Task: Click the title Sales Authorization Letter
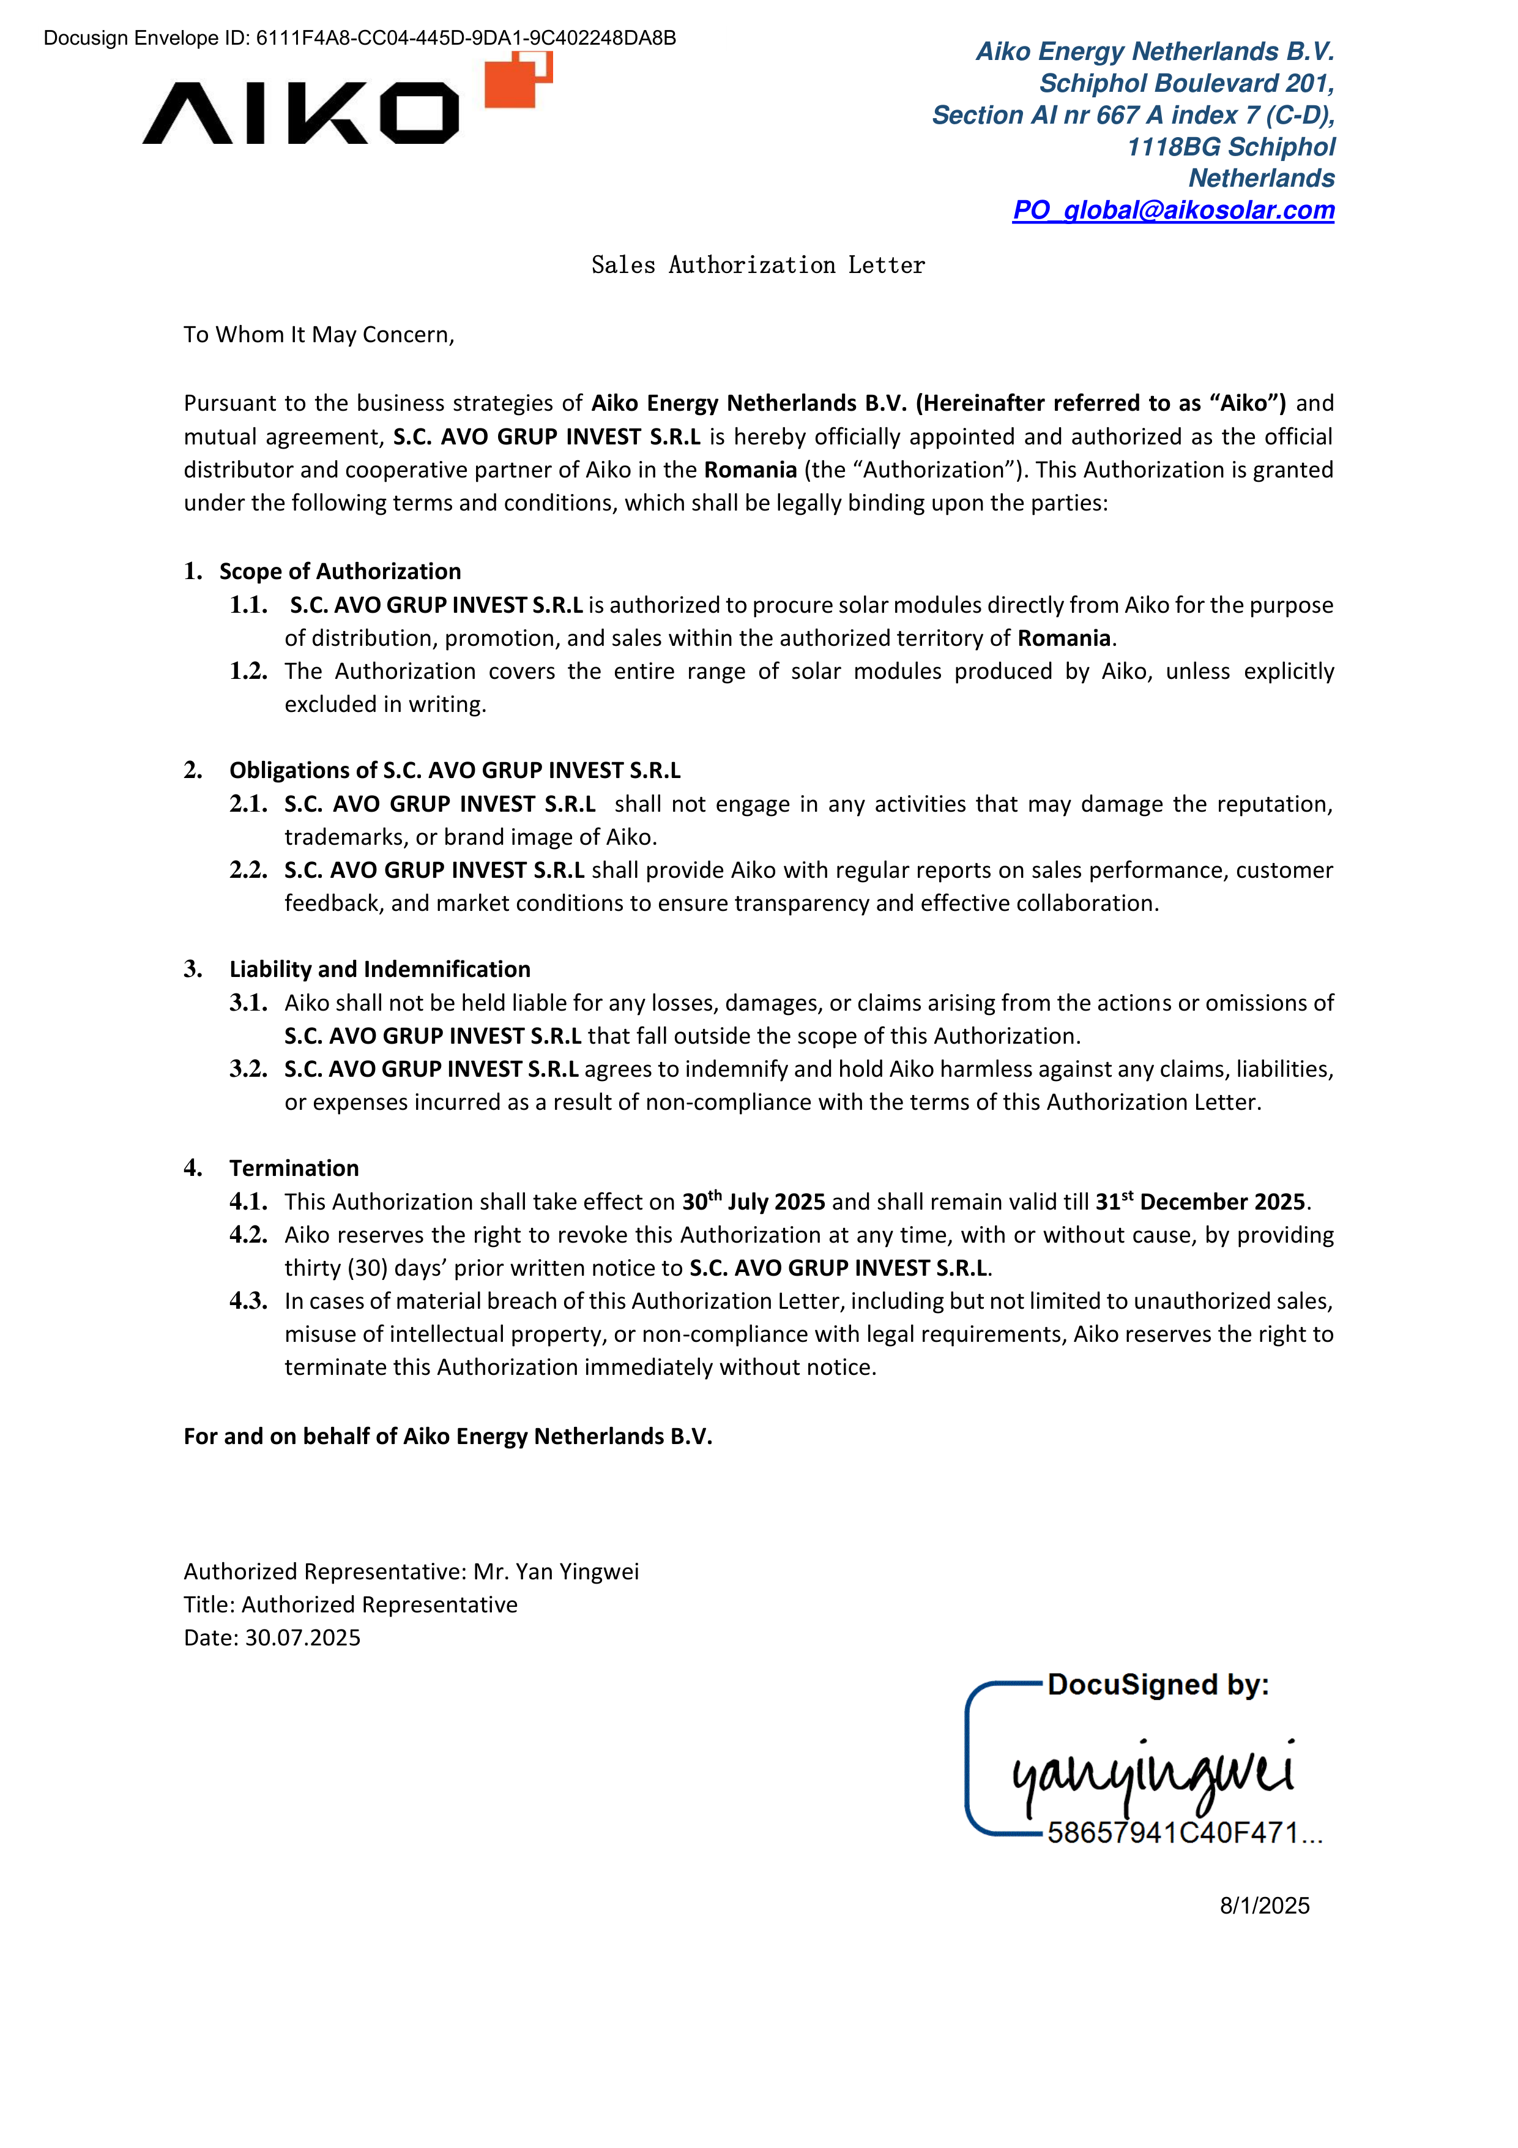757,266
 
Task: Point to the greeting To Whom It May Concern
318,335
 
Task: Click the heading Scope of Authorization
340,572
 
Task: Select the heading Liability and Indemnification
380,969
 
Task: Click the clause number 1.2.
248,672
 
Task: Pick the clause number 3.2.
248,1069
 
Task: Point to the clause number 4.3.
248,1301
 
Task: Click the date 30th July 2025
753,1202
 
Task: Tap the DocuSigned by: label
1158,1685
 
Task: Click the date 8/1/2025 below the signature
1263,1906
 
